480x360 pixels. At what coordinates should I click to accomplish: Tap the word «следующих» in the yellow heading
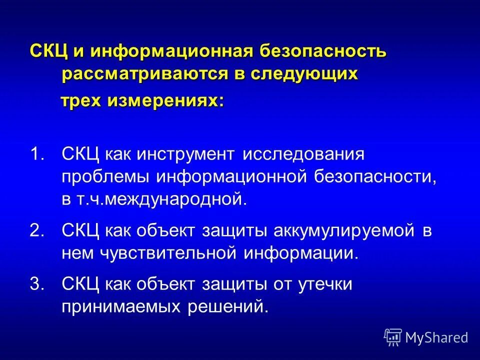[x=304, y=74]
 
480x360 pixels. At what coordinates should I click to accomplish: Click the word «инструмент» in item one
[x=189, y=154]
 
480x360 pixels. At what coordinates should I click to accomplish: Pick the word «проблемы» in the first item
[x=105, y=177]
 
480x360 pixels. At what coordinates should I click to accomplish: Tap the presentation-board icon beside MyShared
[x=393, y=337]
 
